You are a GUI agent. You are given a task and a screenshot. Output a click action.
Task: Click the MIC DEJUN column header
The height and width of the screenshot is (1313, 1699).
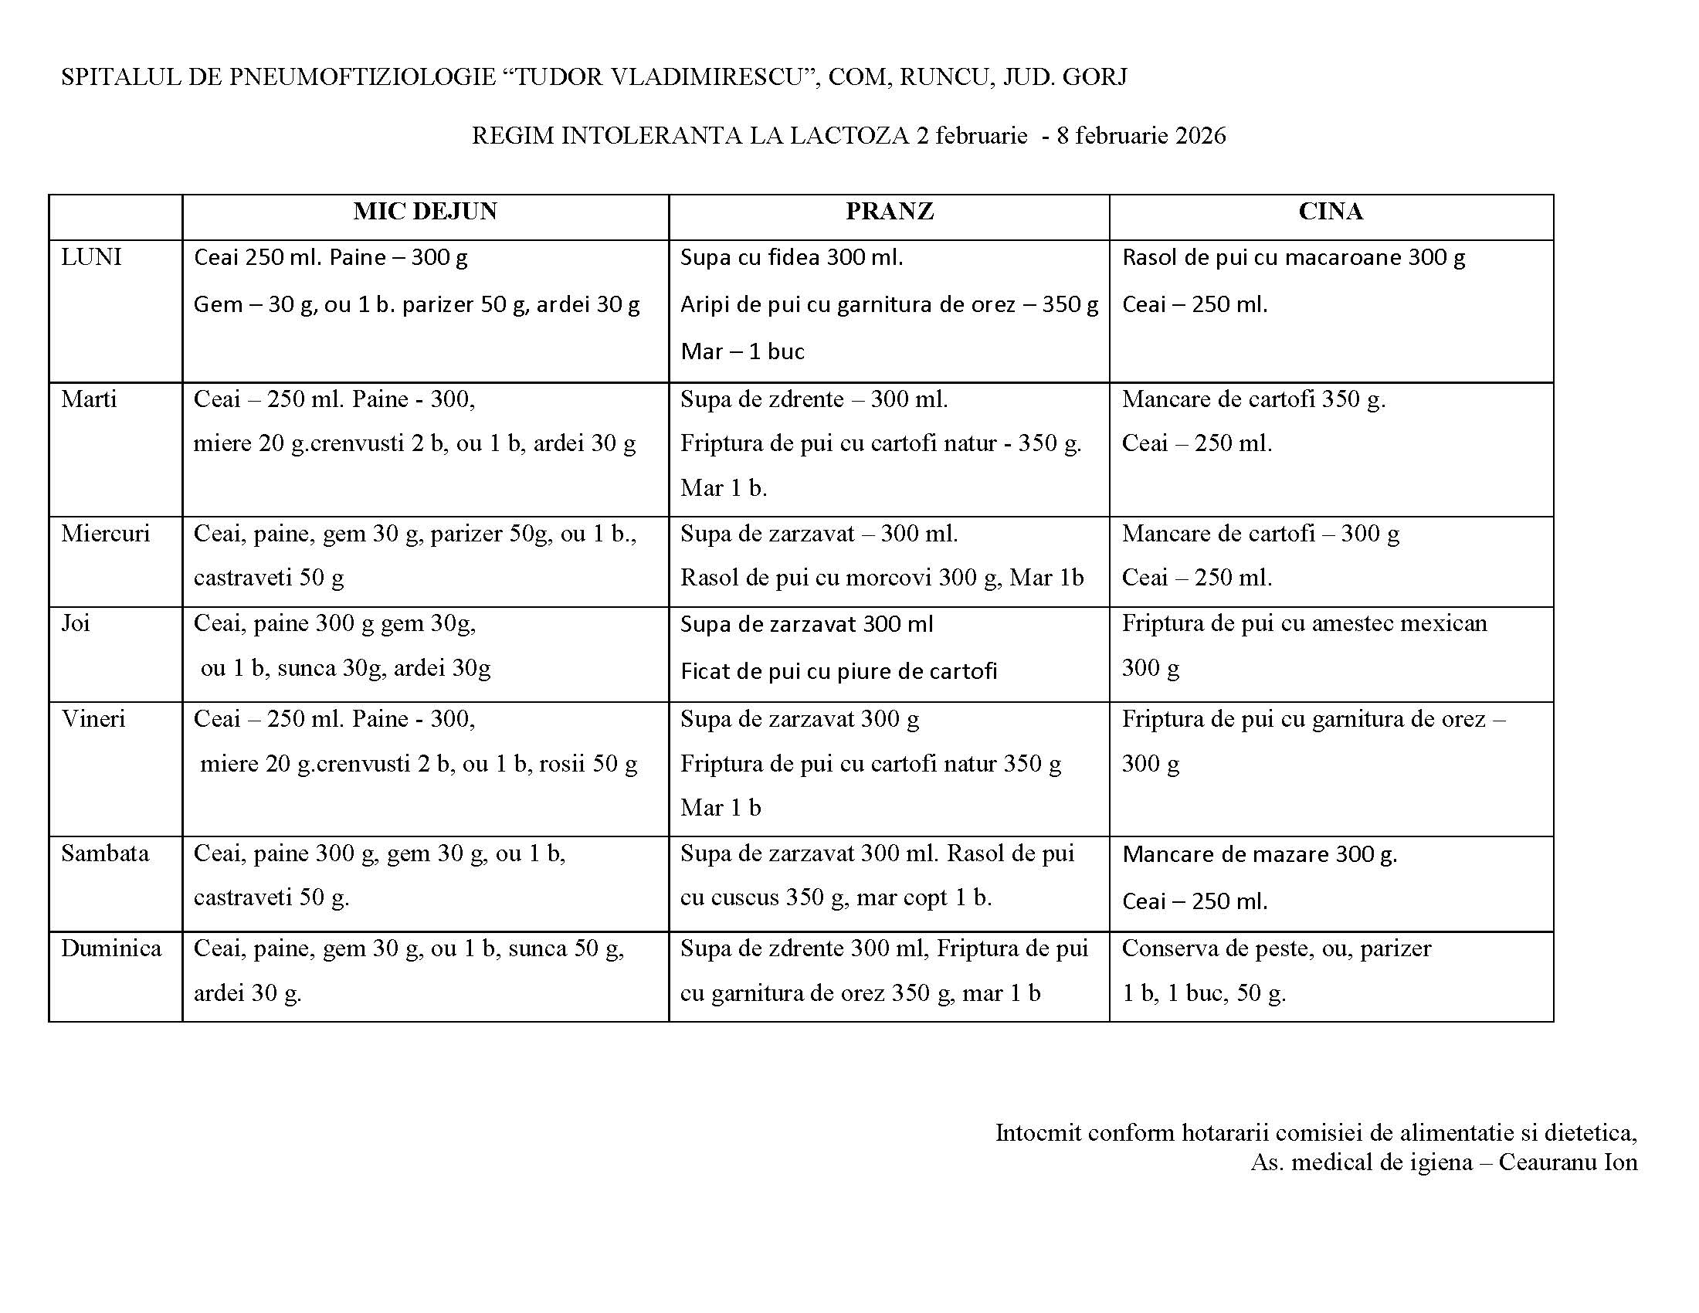pos(425,212)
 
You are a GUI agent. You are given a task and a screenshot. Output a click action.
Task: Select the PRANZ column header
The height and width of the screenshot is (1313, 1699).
pos(889,212)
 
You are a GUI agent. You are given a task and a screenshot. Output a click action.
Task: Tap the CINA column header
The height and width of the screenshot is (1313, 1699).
pos(1331,212)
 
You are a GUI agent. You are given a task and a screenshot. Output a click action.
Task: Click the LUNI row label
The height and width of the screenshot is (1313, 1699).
pos(91,257)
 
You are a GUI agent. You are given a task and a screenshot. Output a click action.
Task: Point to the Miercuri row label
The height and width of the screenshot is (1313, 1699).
pos(105,534)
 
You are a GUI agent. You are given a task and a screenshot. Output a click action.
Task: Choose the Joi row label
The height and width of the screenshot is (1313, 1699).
pos(76,623)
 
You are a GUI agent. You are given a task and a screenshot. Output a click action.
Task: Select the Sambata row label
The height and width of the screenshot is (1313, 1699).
pos(105,853)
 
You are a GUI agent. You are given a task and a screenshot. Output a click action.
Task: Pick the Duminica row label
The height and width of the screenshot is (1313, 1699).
pos(111,948)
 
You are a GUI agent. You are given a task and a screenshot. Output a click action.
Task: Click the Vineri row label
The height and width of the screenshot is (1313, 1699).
pos(93,719)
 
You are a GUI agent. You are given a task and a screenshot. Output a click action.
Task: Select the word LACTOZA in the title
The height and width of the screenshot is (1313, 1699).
pos(850,136)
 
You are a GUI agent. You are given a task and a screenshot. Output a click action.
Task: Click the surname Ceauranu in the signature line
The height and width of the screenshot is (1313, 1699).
pos(1548,1162)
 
